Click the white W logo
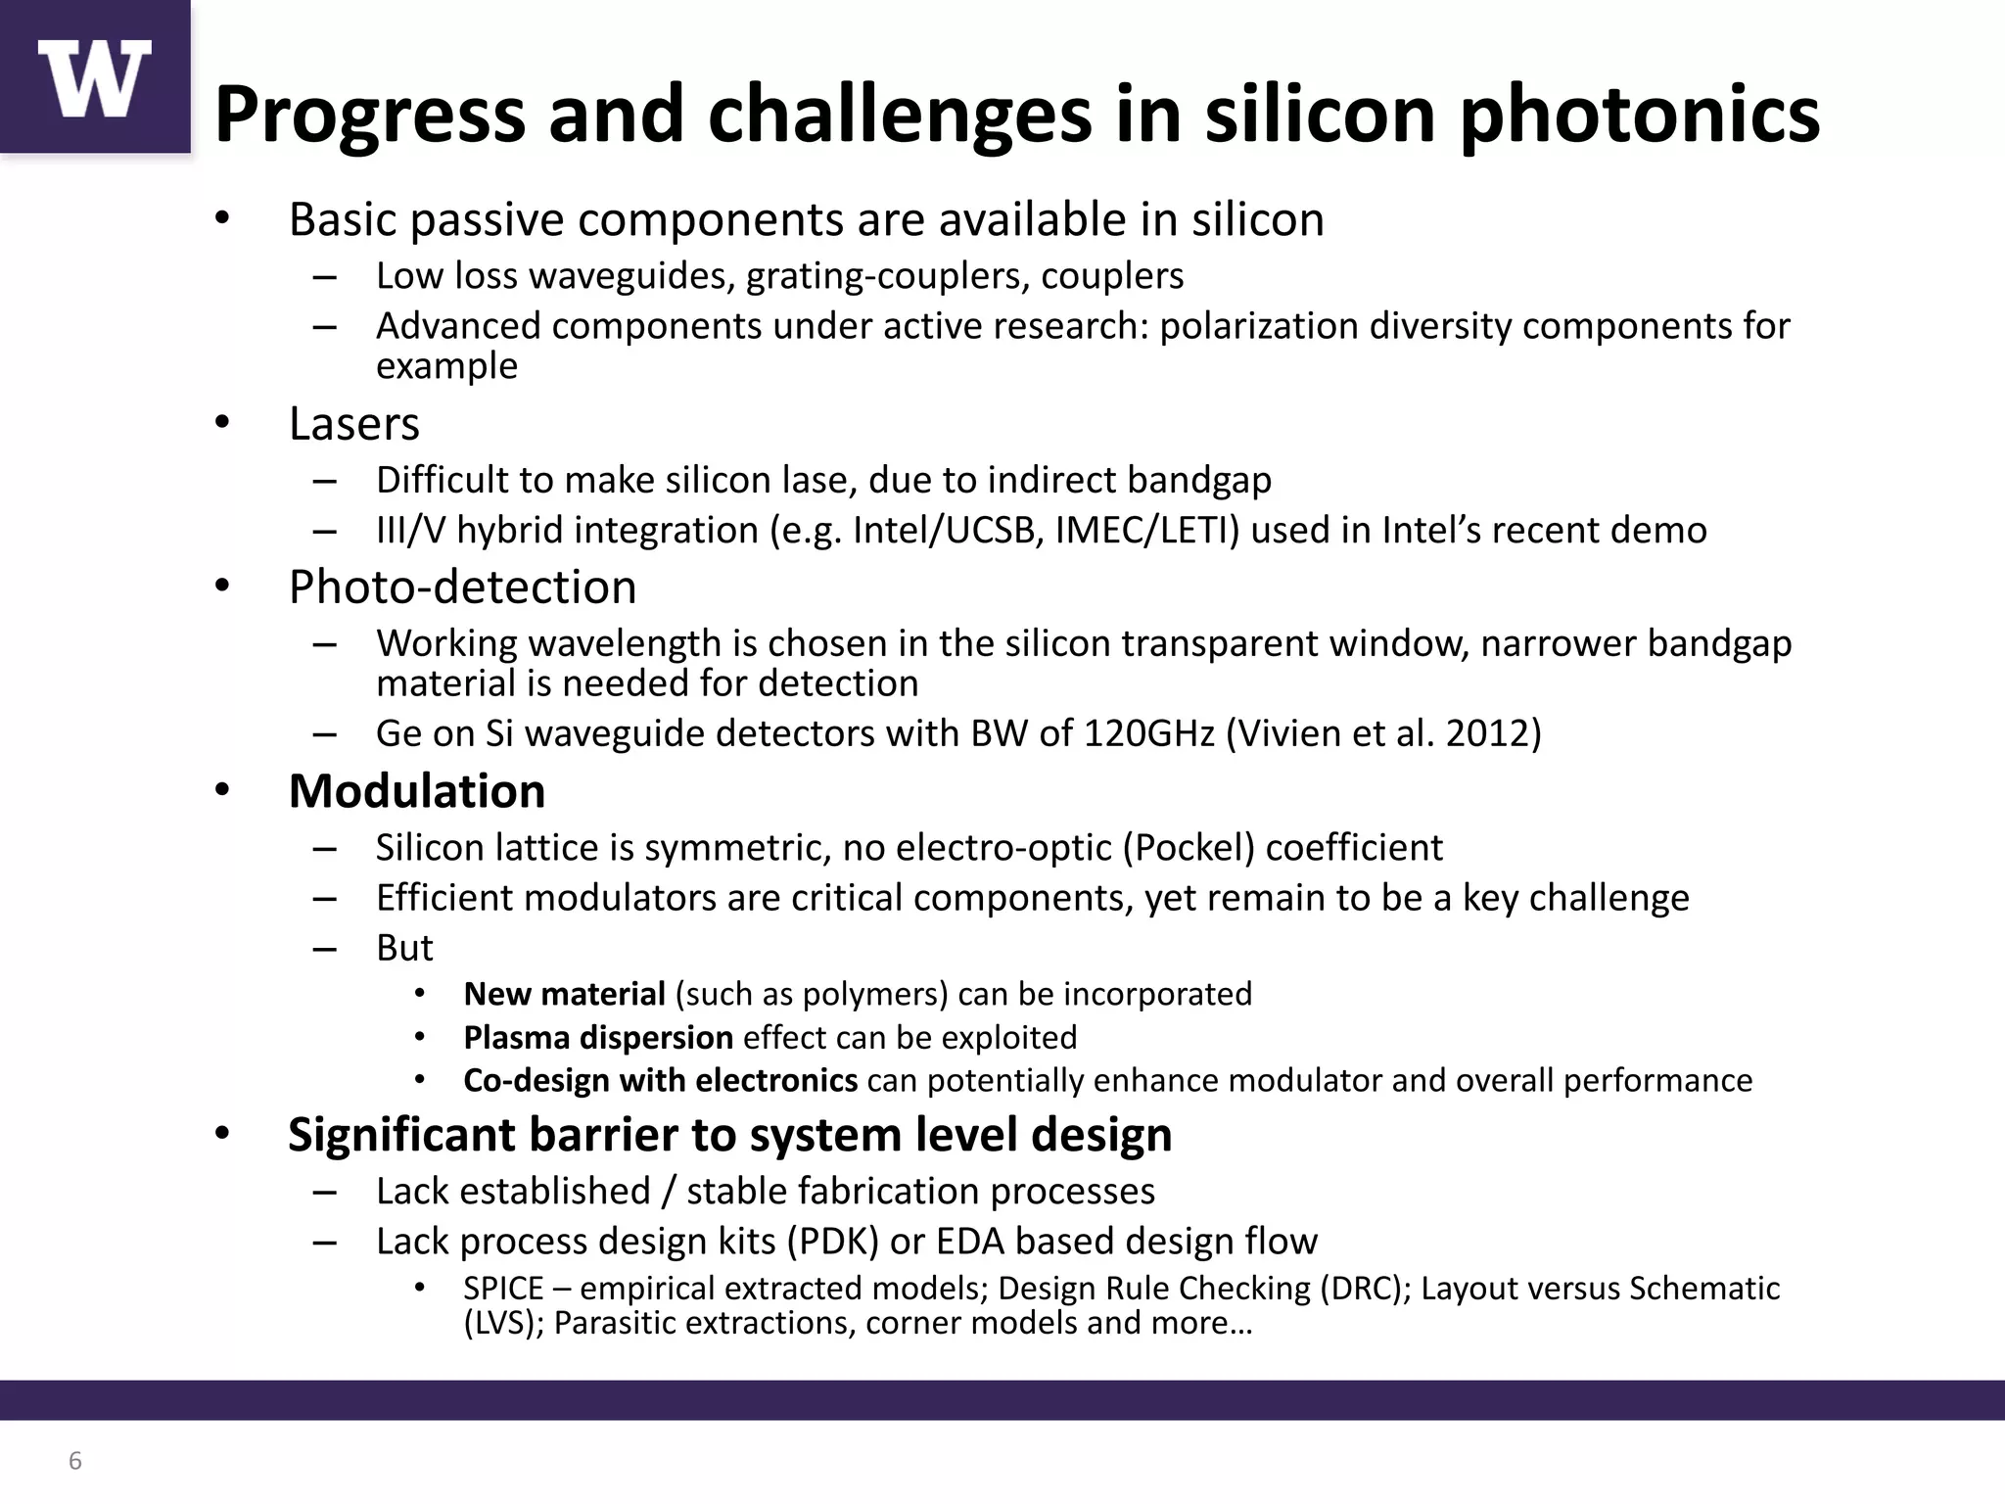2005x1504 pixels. tap(95, 78)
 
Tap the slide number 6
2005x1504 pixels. tap(75, 1462)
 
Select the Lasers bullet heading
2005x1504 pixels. tap(353, 424)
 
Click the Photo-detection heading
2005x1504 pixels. tap(462, 587)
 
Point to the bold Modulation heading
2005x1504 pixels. tap(417, 791)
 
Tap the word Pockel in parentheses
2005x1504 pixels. tap(1189, 848)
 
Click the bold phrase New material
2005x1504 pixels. tap(564, 995)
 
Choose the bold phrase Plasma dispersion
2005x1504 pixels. tap(598, 1038)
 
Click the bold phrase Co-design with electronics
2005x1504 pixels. tap(660, 1081)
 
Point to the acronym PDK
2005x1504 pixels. tap(833, 1242)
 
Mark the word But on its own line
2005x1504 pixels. tap(404, 948)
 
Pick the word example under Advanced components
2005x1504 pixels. tap(446, 366)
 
